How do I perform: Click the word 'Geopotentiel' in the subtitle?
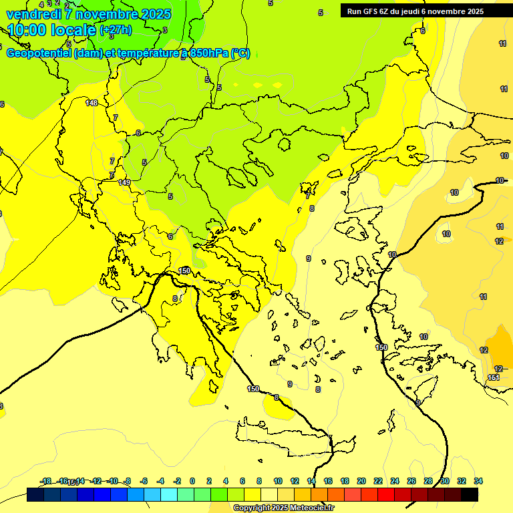37,53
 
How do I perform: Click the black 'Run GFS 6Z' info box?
415,11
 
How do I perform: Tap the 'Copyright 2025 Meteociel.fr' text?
283,508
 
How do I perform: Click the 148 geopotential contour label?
92,103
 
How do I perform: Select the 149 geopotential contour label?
124,182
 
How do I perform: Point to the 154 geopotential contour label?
494,378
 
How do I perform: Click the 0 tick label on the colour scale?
192,481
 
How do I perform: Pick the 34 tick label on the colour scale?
478,481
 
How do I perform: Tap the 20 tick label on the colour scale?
361,481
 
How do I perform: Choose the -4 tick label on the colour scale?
160,481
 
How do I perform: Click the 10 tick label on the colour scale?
277,481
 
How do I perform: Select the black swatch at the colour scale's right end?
470,495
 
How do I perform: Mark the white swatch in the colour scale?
269,495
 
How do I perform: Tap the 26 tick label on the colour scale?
411,481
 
